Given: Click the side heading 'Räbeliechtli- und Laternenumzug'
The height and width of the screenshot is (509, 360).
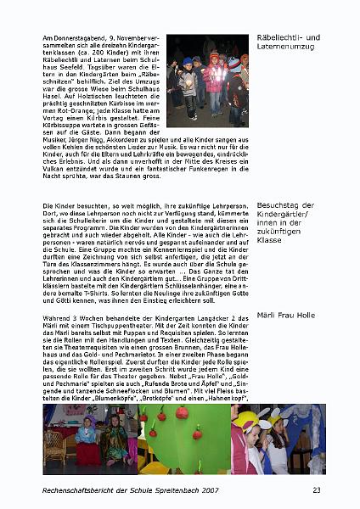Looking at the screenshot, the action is pos(288,42).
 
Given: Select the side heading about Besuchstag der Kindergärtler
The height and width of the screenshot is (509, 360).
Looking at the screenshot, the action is pos(288,222).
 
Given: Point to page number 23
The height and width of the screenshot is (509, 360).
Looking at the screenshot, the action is pos(316,490).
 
